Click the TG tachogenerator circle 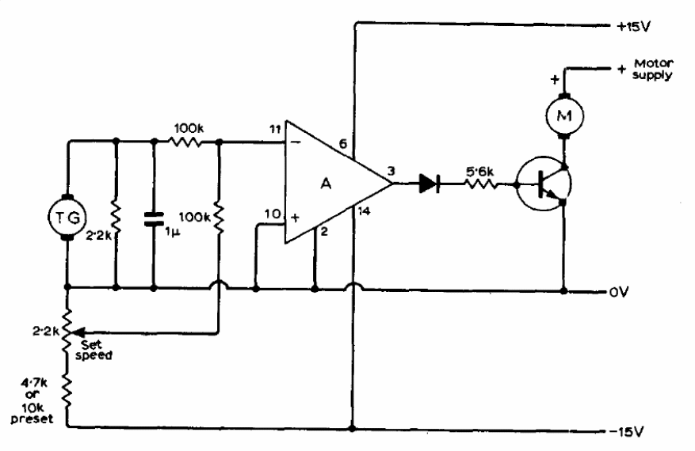(x=68, y=215)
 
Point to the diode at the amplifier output (x=430, y=184)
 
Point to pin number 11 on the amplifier (x=275, y=128)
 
